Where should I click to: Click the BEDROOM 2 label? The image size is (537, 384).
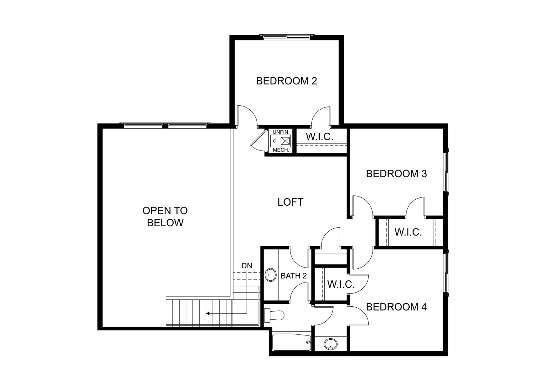[287, 81]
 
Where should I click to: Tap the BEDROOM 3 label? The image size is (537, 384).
[396, 174]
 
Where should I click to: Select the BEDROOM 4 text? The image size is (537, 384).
[396, 307]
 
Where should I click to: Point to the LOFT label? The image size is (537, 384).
[291, 202]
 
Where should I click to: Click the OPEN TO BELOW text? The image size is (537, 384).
[165, 217]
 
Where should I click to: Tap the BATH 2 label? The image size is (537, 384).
[294, 276]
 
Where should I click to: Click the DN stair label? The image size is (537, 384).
[247, 266]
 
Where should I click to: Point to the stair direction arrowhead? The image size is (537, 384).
[208, 313]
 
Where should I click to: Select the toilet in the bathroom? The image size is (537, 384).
[274, 316]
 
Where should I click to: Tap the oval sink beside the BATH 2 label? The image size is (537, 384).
[271, 275]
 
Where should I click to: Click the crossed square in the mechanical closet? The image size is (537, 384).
[285, 141]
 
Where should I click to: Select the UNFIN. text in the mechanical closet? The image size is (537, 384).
[281, 132]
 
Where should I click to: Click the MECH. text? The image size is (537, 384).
[281, 150]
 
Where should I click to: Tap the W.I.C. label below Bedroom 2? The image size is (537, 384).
[320, 137]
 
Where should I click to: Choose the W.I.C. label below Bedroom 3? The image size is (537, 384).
[408, 232]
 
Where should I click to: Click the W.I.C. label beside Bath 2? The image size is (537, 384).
[341, 284]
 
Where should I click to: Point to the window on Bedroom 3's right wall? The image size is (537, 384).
[446, 172]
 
